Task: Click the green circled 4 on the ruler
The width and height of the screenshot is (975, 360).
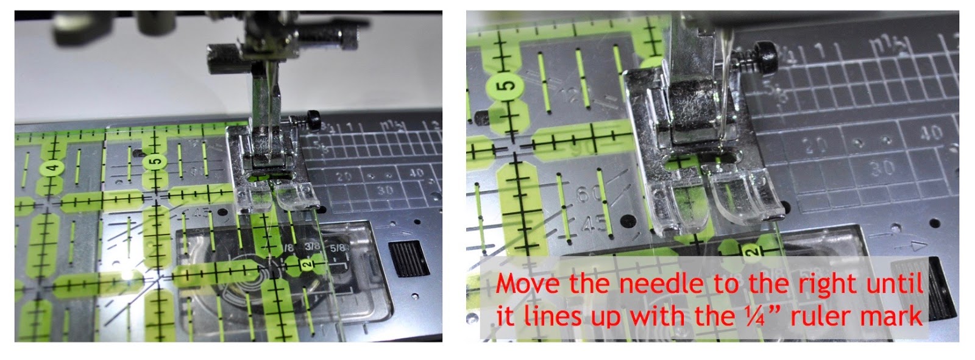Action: [53, 168]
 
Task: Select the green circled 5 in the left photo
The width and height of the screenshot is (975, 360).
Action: [155, 162]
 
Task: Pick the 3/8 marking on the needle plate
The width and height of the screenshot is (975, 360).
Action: [312, 247]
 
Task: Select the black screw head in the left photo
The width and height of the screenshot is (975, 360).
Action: [313, 119]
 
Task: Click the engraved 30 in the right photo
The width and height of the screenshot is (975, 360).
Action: [882, 168]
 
